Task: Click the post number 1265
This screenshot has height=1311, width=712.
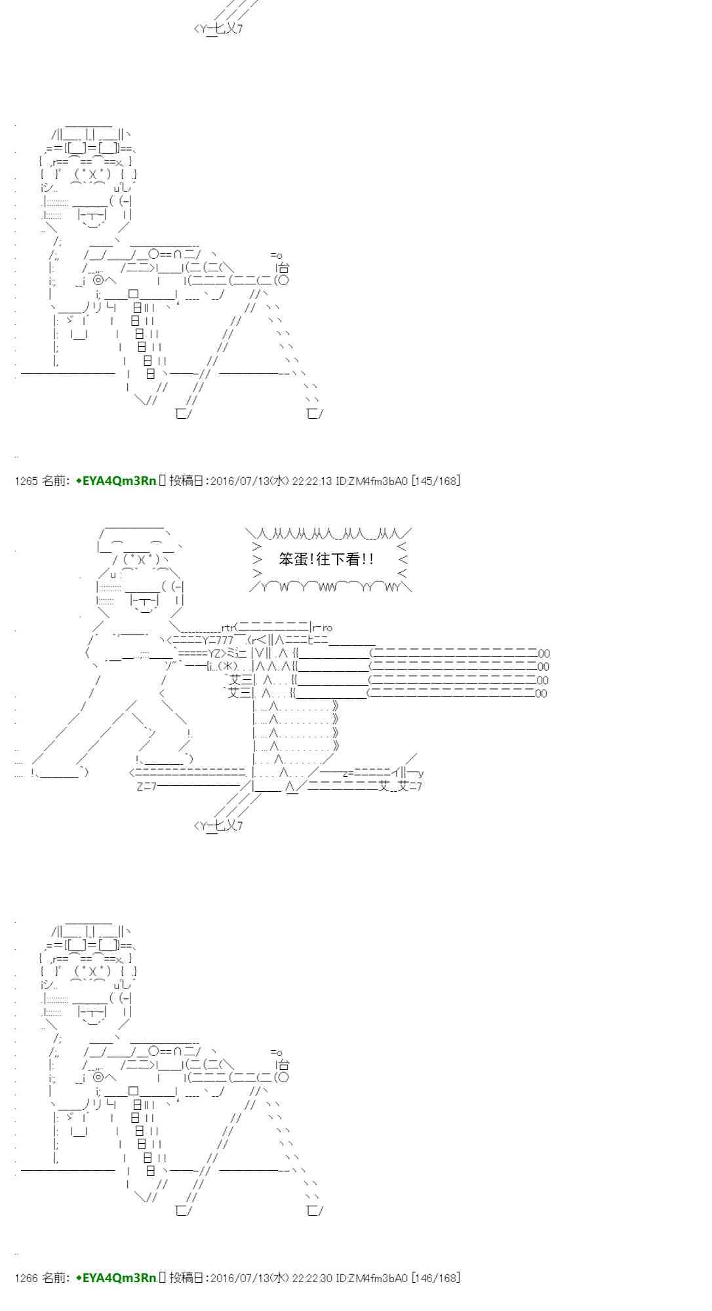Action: [x=26, y=481]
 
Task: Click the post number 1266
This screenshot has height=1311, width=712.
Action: [x=26, y=1278]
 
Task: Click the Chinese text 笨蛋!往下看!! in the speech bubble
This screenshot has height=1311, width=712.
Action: [x=326, y=559]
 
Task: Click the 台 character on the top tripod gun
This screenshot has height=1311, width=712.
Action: [x=283, y=267]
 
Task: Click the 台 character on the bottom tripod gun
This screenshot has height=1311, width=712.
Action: [x=283, y=1065]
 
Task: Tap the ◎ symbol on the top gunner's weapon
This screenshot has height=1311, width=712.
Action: [x=99, y=280]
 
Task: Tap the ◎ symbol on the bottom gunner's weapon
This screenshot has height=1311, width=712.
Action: [x=99, y=1076]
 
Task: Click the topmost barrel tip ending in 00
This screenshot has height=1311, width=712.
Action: [x=544, y=654]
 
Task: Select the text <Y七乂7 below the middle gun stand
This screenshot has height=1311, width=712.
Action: [x=218, y=825]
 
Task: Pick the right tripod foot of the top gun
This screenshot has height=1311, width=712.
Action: [x=315, y=414]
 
